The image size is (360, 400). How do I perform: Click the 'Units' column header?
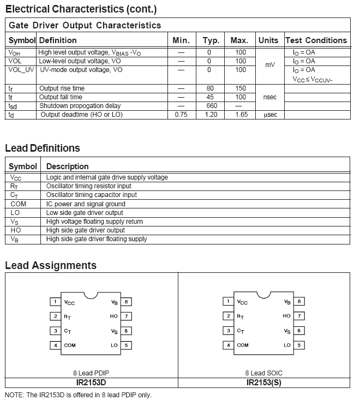268,40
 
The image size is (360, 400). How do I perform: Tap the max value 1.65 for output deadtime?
241,115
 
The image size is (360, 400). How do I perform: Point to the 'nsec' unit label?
269,97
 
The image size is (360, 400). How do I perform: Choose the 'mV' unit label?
270,65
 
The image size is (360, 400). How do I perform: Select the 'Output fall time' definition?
61,97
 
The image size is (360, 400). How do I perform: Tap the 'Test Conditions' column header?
316,40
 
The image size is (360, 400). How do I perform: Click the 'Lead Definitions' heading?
43,148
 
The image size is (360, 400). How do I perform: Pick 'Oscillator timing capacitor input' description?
92,195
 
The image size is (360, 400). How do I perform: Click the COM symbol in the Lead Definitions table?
15,204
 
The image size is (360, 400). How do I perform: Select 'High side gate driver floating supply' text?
97,239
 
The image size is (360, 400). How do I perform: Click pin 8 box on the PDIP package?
126,301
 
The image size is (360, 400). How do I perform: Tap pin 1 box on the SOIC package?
229,302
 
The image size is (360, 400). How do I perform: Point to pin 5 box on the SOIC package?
299,345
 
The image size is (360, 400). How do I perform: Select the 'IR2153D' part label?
91,383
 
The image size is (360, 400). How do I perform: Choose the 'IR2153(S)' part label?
264,383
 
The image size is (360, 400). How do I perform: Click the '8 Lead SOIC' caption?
264,373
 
